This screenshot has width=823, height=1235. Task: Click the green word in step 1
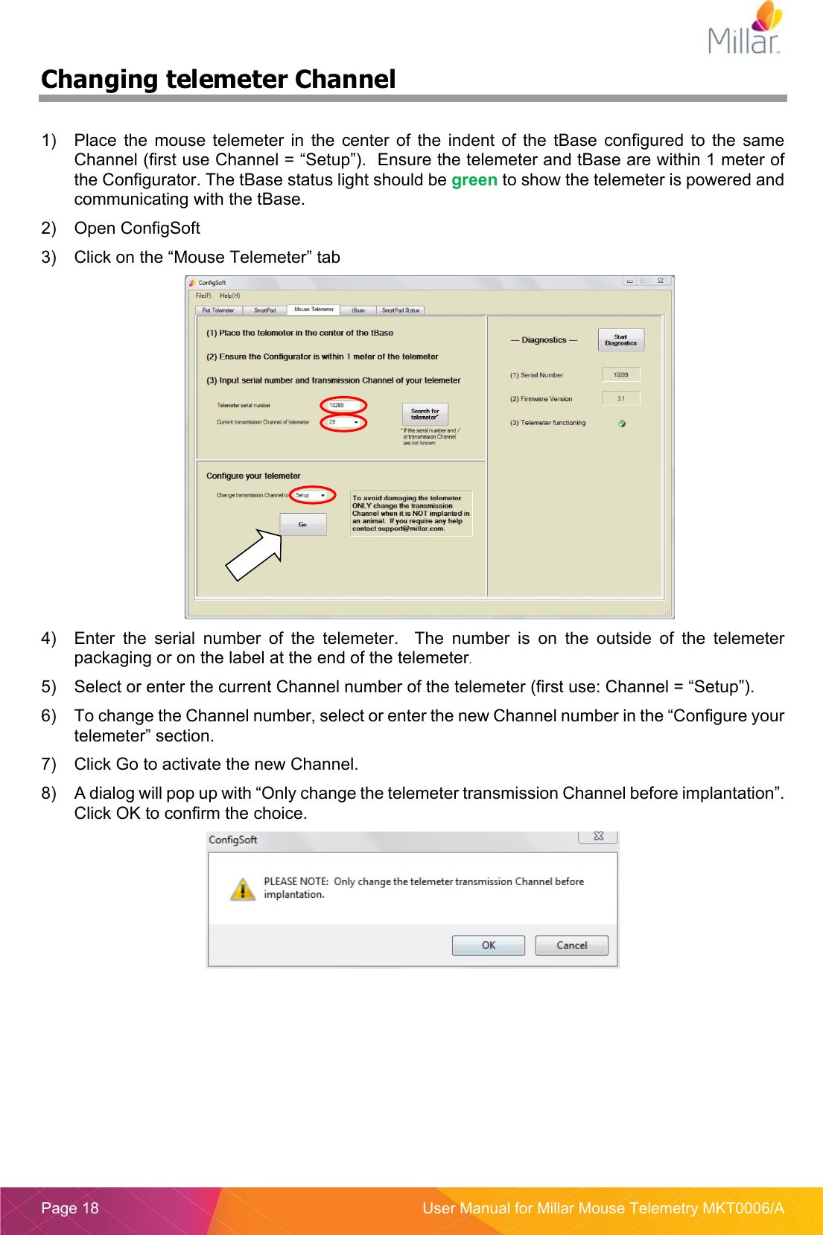[474, 180]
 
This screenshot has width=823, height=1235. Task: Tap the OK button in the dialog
[488, 945]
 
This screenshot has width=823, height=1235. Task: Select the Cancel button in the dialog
[571, 945]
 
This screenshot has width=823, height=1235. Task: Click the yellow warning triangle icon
[243, 889]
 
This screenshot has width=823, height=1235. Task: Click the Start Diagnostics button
[620, 340]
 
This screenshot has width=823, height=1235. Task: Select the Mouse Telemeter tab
[314, 310]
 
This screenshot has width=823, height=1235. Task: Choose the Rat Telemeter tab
[218, 310]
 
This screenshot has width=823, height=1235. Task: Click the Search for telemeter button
[425, 414]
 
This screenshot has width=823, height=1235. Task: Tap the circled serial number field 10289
[343, 406]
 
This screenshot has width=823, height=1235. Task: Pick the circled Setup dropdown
[311, 495]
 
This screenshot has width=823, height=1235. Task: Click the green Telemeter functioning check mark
[622, 423]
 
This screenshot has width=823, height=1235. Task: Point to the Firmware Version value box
[620, 398]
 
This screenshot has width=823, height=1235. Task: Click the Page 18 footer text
[70, 1207]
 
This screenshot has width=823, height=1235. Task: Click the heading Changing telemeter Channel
[218, 80]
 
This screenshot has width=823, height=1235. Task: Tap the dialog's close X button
[598, 837]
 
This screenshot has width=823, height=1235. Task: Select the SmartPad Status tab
[401, 310]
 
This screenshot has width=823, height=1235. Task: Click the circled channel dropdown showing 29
[343, 422]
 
